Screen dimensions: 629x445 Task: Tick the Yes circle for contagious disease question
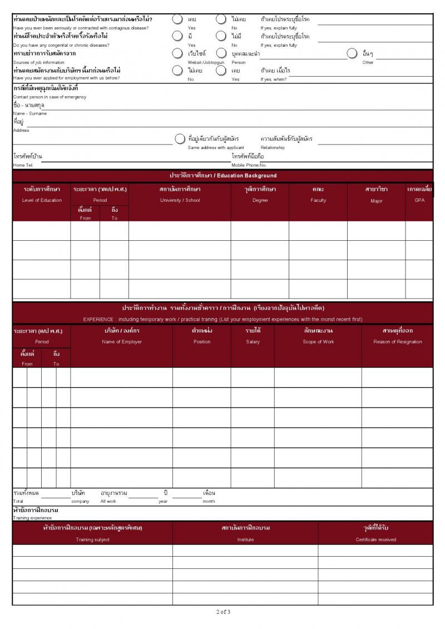point(177,19)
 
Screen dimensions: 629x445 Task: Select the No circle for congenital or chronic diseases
point(221,36)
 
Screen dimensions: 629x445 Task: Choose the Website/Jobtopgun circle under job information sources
point(177,53)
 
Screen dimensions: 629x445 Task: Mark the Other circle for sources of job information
point(352,53)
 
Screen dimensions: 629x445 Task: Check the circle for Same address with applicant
point(180,138)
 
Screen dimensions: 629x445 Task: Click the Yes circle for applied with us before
point(221,70)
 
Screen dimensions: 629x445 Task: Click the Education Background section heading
point(222,176)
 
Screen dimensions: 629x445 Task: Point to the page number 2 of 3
point(223,612)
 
